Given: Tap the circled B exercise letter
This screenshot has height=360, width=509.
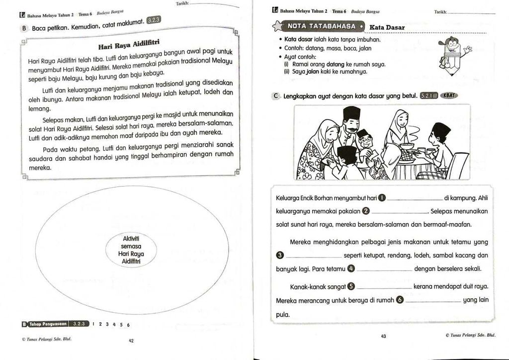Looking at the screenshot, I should coord(24,29).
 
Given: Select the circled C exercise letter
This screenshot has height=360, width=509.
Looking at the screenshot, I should coord(276,97).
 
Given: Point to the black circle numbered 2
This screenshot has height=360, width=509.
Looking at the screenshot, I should coord(366,211).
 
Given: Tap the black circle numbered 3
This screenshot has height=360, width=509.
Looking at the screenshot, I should coord(280,256).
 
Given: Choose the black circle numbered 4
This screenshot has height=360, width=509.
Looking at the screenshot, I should coord(351,269).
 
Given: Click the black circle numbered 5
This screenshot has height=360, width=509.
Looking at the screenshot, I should coord(351,286).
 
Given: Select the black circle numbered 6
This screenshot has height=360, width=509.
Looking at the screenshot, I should coord(399,300).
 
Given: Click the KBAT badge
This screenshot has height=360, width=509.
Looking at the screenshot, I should coord(448,96).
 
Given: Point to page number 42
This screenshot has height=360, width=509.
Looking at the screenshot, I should coord(131,341).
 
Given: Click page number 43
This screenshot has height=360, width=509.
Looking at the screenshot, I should coord(383,336).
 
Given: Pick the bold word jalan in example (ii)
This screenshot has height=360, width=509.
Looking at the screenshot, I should coord(312,72).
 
